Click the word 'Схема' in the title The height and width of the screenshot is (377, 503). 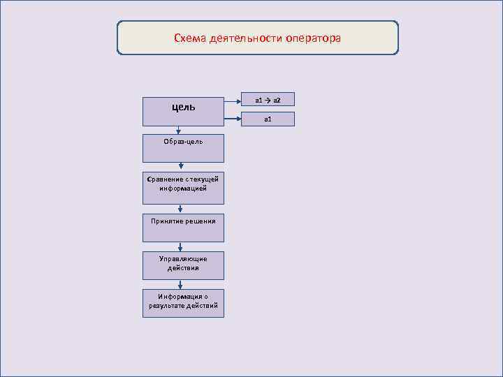point(190,38)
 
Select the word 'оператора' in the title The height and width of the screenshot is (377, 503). point(313,38)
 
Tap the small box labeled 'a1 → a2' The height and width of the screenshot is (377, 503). point(268,100)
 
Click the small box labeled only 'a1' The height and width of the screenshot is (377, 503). point(268,119)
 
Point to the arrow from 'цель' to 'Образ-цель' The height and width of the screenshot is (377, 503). point(180,129)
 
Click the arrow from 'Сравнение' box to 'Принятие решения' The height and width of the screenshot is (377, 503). point(181,209)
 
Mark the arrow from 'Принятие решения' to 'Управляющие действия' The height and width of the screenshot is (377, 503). point(181,246)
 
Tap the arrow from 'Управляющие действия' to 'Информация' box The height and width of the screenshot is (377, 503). point(181,284)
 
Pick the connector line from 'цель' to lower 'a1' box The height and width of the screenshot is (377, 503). point(233,119)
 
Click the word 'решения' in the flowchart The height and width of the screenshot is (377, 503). point(199,221)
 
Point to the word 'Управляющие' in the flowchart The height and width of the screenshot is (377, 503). point(183,259)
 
